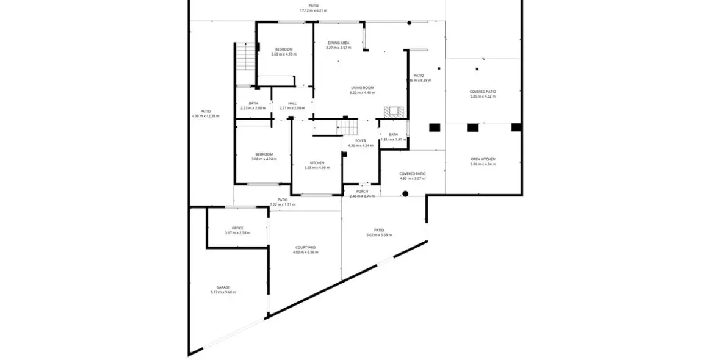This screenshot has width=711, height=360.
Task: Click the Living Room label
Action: coord(363,88)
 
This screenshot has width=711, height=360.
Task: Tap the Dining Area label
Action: coord(338,43)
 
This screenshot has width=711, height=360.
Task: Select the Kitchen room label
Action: coord(317,162)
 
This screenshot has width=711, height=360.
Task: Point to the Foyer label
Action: coord(361,140)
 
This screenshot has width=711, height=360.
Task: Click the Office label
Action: coord(237,228)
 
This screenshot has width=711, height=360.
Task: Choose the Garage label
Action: coord(223,287)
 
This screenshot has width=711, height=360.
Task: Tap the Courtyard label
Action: coord(305,247)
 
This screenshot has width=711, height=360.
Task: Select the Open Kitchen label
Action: coord(483,159)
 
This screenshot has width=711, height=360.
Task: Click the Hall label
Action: coord(292,103)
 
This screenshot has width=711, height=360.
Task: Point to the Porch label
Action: coord(362,191)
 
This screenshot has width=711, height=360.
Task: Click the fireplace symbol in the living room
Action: coord(394,112)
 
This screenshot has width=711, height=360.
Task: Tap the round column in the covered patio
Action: coord(405,194)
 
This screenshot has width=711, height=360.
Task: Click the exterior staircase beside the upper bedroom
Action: coord(244,57)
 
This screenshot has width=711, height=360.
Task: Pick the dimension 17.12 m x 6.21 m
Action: coord(314,10)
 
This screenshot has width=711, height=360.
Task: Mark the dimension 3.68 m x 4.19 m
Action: coord(284,54)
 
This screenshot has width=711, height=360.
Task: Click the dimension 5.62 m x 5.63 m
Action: coord(379,235)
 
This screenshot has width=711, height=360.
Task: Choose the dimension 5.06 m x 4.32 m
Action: coord(483,96)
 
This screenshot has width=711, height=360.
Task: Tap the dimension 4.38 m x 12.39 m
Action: coord(206,116)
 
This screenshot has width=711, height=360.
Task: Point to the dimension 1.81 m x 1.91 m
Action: coord(393,139)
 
